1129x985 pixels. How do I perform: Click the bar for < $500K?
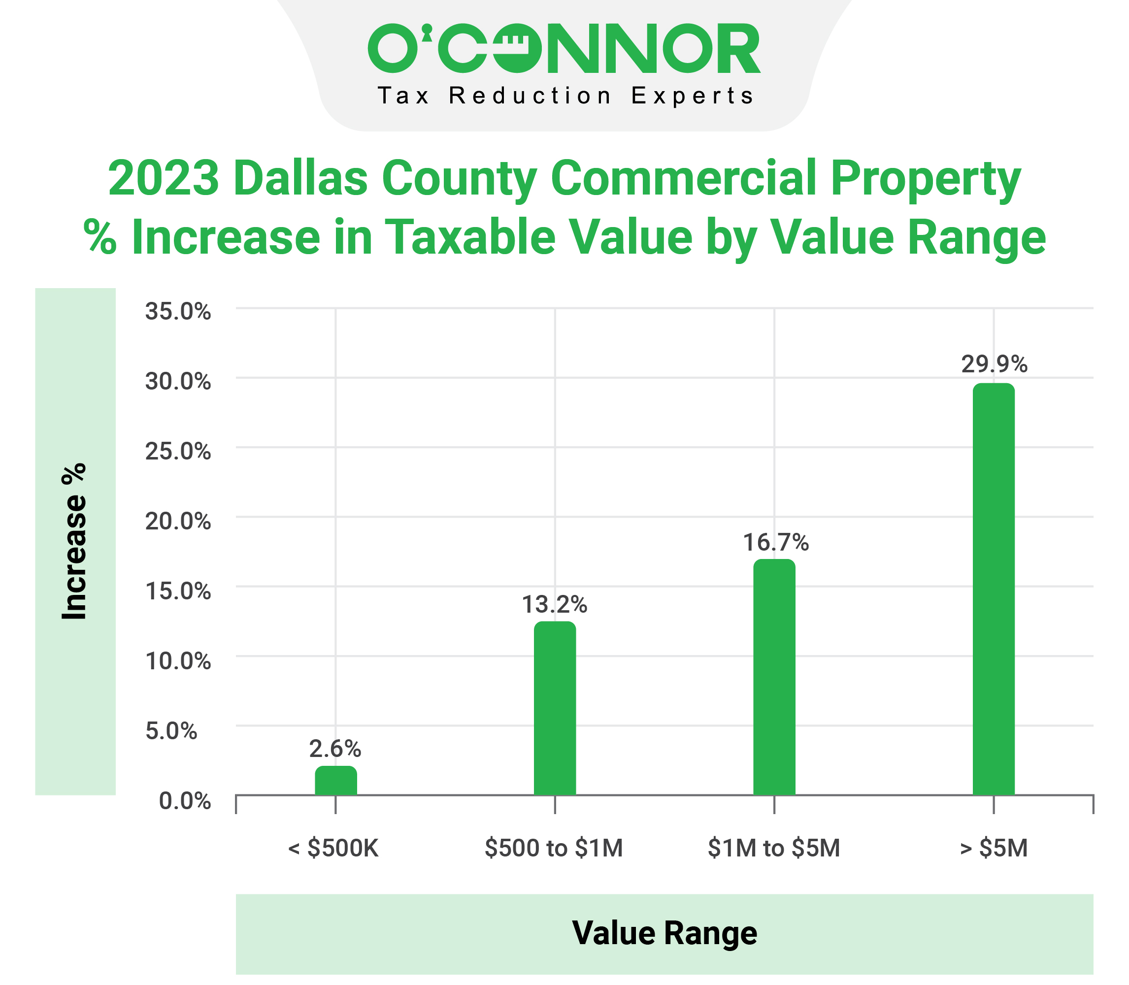[336, 781]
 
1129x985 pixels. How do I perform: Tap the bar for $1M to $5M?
[774, 677]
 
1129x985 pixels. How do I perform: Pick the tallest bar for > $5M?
[993, 589]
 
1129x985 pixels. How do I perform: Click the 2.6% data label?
[335, 749]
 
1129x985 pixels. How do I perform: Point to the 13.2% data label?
[554, 605]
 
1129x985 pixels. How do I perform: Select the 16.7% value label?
[775, 543]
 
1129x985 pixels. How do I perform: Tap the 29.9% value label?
[994, 364]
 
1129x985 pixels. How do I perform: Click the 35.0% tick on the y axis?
[177, 312]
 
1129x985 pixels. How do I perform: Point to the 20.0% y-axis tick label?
[177, 521]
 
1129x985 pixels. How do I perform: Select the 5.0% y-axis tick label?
[171, 731]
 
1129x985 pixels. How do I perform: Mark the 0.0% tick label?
[185, 801]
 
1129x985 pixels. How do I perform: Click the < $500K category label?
[333, 848]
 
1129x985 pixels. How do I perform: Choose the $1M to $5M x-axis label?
[774, 848]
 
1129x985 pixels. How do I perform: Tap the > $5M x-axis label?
[993, 848]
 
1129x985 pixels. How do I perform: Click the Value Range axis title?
[664, 933]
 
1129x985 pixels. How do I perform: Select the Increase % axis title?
[74, 541]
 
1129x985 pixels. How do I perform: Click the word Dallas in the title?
[300, 178]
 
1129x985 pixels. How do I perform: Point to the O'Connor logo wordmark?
[564, 48]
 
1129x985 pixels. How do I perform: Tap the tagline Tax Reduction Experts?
[565, 96]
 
